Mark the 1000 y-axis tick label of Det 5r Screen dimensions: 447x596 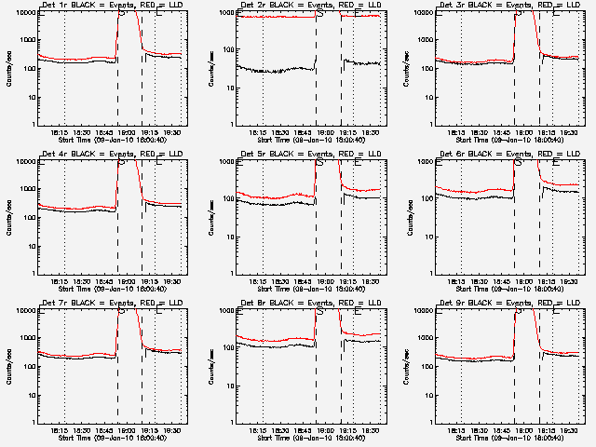click(x=224, y=162)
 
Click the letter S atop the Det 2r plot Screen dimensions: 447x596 click(x=320, y=14)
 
